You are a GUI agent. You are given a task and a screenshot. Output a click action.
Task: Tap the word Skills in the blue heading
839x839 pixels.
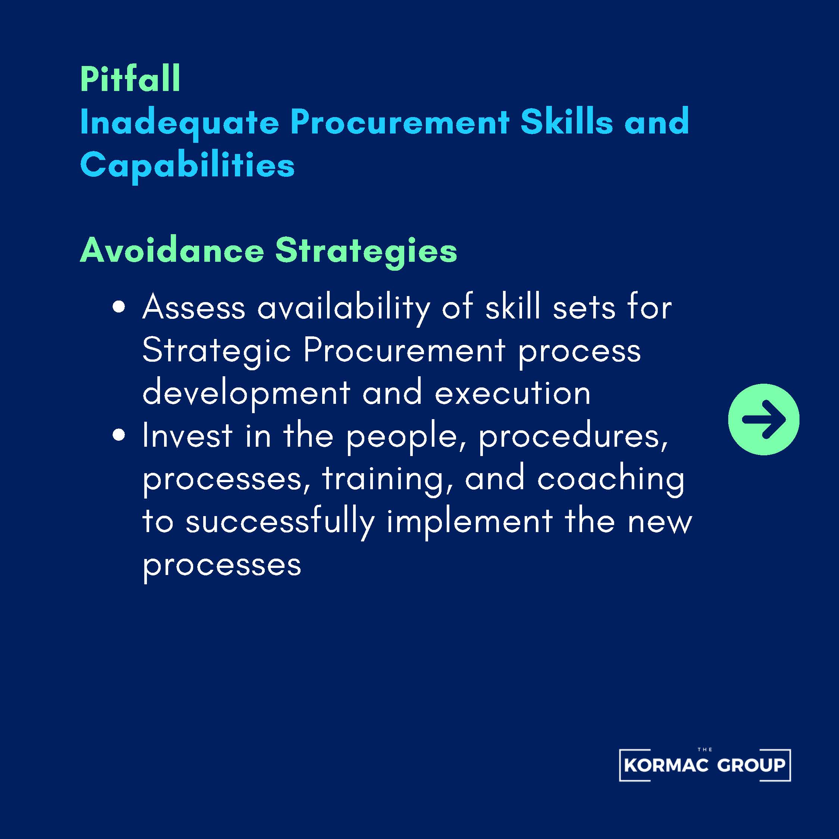point(567,121)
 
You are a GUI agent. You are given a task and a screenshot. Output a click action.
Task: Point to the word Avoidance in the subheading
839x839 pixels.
point(172,251)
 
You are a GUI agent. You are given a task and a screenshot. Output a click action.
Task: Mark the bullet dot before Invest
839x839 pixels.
point(119,436)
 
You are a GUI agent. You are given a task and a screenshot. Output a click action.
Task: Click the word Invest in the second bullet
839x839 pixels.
point(188,436)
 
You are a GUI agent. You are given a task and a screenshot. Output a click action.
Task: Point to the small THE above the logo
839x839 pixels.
point(705,762)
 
